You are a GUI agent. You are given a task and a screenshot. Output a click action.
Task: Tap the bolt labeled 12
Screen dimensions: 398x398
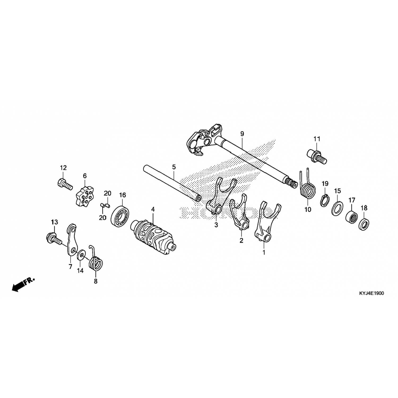point(65,184)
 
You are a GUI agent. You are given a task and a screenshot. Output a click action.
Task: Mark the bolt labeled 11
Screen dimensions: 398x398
point(317,156)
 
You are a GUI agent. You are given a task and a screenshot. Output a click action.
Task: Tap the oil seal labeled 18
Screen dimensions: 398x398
point(364,224)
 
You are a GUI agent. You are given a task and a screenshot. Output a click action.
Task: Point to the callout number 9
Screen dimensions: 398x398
point(242,134)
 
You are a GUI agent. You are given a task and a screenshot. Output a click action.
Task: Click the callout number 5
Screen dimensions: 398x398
point(174,167)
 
